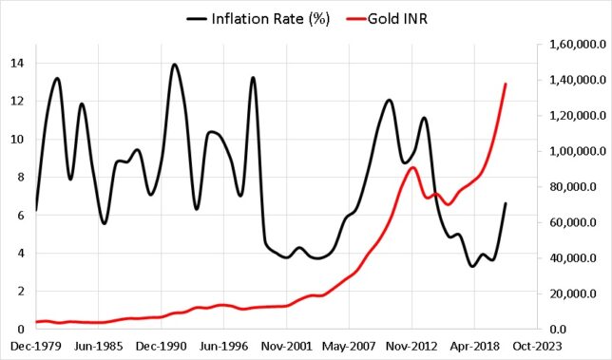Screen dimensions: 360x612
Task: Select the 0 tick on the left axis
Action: coord(21,330)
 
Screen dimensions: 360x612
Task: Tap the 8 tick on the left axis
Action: coord(21,178)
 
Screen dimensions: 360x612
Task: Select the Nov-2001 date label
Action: coord(287,349)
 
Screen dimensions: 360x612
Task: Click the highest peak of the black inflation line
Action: coord(174,65)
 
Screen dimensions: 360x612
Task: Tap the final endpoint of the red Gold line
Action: coord(506,84)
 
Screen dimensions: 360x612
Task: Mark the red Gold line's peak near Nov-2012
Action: coord(412,167)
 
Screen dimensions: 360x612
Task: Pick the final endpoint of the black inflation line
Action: coord(506,203)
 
